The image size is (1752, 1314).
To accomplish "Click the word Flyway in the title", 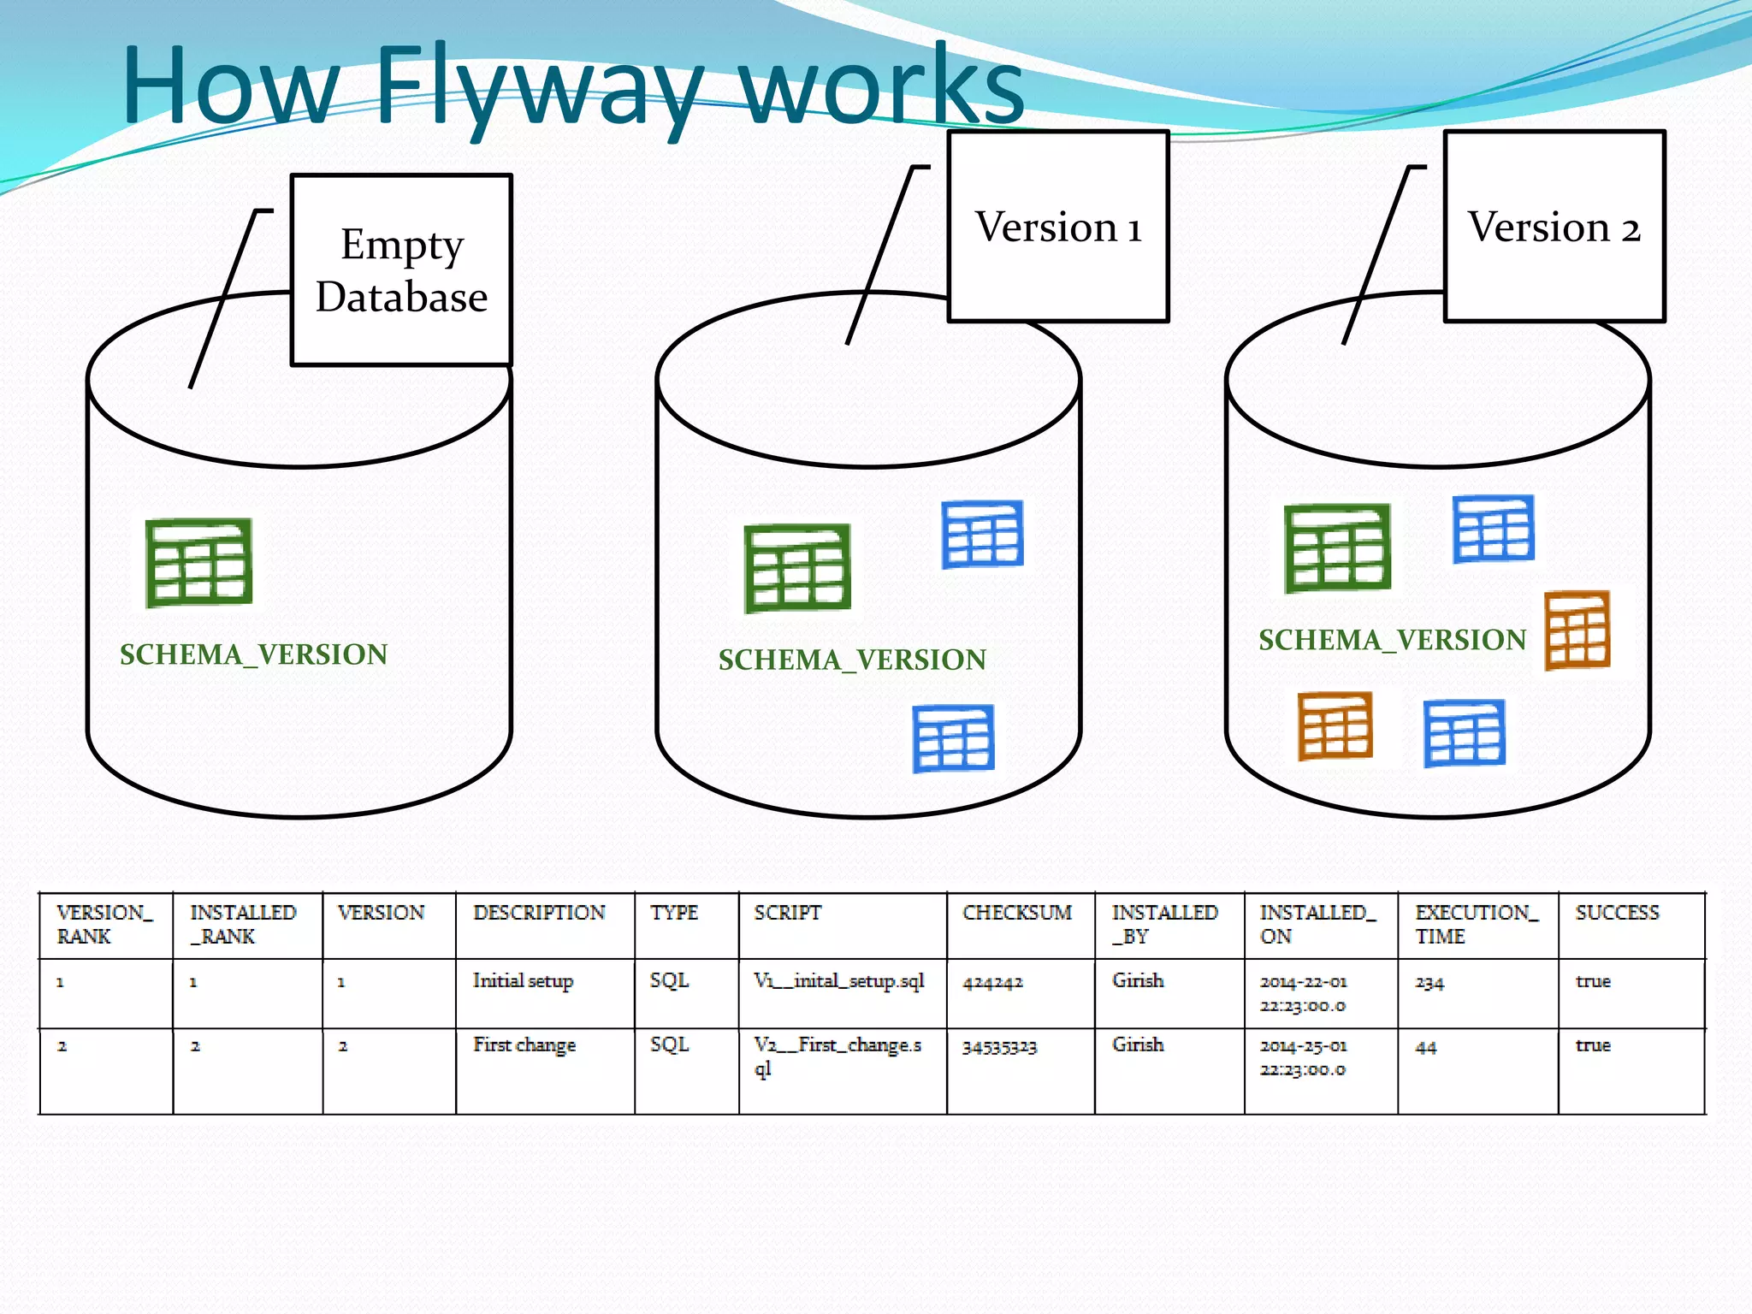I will pyautogui.click(x=539, y=86).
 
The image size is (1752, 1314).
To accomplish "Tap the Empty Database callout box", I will pyautogui.click(x=401, y=270).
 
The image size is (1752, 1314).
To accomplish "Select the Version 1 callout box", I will pyautogui.click(x=1058, y=227).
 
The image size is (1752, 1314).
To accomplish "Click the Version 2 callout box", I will pyautogui.click(x=1554, y=227).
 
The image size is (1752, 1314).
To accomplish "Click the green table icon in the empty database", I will pyautogui.click(x=198, y=562).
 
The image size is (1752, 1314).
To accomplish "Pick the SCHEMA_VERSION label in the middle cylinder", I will pyautogui.click(x=852, y=660).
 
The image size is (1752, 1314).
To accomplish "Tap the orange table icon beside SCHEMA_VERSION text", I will pyautogui.click(x=1577, y=630).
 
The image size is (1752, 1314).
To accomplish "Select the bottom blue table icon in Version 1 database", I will pyautogui.click(x=953, y=738).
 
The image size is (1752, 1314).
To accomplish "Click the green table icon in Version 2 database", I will pyautogui.click(x=1337, y=548).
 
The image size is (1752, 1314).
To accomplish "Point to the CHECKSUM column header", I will pyautogui.click(x=1016, y=913).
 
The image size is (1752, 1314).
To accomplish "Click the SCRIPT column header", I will pyautogui.click(x=787, y=913).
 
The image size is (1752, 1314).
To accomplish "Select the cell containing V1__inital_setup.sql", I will pyautogui.click(x=838, y=981).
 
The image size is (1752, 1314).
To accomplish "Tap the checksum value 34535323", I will pyautogui.click(x=999, y=1046).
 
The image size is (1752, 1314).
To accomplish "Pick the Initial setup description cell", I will pyautogui.click(x=523, y=981).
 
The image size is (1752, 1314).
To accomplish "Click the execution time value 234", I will pyautogui.click(x=1429, y=983).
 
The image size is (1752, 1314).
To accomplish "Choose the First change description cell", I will pyautogui.click(x=524, y=1045).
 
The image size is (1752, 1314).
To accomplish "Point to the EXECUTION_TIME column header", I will pyautogui.click(x=1476, y=924).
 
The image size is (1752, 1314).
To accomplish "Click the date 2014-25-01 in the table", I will pyautogui.click(x=1303, y=1046).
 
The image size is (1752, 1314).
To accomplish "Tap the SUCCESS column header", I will pyautogui.click(x=1617, y=913).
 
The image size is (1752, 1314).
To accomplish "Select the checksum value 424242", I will pyautogui.click(x=992, y=983).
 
